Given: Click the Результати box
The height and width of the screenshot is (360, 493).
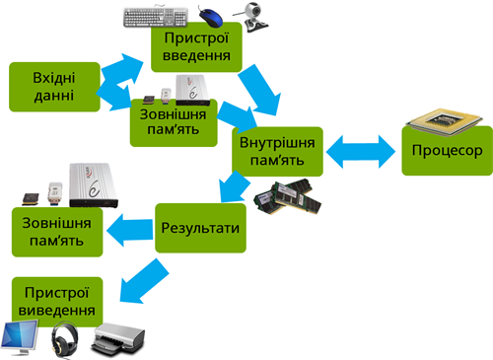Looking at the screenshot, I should [x=200, y=227].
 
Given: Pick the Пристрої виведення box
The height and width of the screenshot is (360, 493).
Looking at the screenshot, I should [x=55, y=301].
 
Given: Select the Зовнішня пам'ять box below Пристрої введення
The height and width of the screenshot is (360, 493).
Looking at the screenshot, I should [x=172, y=120].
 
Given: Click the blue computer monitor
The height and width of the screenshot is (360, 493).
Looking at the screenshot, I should [x=23, y=338].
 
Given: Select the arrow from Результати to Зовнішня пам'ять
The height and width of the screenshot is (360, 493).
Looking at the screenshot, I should [x=128, y=232].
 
